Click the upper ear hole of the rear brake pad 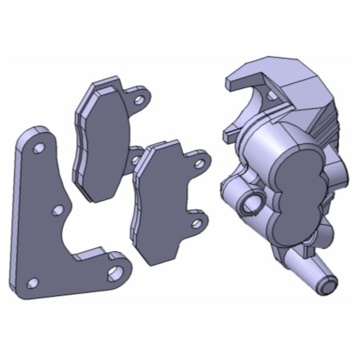coord(139,100)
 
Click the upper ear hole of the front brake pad coord(199,163)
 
